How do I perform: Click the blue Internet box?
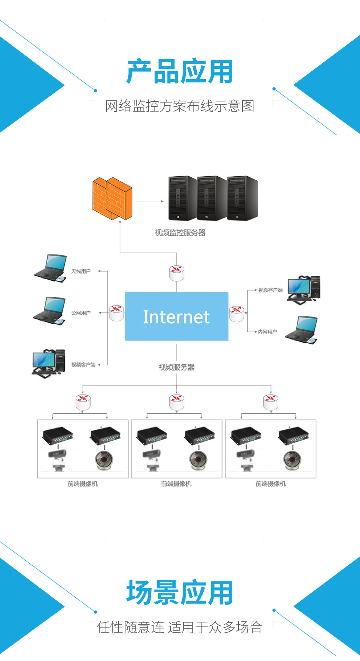click(176, 316)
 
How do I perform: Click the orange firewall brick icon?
click(112, 199)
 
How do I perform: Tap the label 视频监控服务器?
click(180, 233)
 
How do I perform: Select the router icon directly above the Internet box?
click(177, 273)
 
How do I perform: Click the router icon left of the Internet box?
click(116, 313)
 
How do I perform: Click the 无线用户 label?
click(81, 271)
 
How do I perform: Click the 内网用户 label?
click(268, 332)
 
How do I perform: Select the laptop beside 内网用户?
click(301, 330)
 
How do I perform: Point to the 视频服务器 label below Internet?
click(176, 367)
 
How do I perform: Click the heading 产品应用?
click(180, 72)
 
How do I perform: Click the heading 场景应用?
click(180, 593)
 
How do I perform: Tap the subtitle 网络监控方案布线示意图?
click(180, 106)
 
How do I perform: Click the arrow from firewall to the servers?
click(150, 201)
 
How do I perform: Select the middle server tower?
click(212, 199)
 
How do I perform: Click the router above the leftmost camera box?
click(83, 402)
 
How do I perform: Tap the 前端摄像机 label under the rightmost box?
click(271, 484)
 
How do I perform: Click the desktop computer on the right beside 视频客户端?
click(304, 289)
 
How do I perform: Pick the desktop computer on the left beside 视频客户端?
click(49, 363)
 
